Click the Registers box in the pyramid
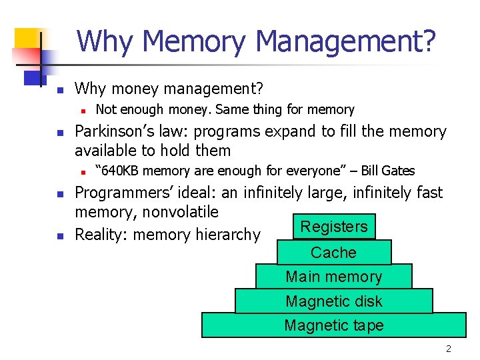(x=334, y=227)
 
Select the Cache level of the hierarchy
(x=333, y=253)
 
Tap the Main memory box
(x=333, y=277)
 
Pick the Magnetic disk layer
(x=333, y=301)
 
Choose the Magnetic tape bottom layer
(x=333, y=325)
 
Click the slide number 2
(x=449, y=349)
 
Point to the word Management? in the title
(x=346, y=41)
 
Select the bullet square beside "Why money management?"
(x=59, y=89)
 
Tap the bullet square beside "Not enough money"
(x=81, y=110)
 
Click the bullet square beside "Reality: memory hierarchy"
(x=59, y=235)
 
